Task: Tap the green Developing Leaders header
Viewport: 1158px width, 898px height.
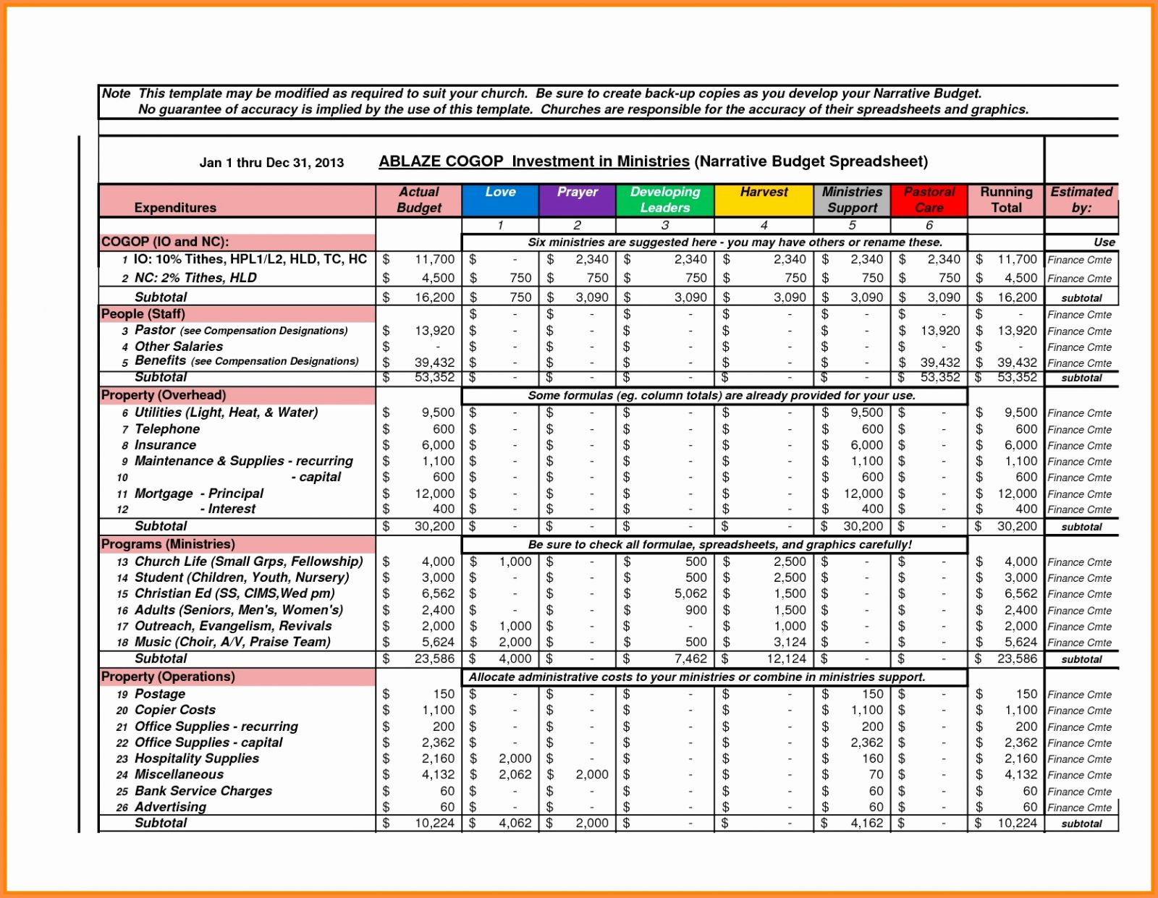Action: tap(664, 200)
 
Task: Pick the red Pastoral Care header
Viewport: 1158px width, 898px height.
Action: tap(929, 200)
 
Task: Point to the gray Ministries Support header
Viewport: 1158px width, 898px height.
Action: tap(852, 200)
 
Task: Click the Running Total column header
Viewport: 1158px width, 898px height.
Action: tap(1006, 200)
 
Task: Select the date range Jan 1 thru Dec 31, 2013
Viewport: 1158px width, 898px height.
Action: tap(271, 163)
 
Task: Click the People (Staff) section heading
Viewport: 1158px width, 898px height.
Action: tap(143, 314)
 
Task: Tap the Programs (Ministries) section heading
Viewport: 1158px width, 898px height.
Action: tap(168, 544)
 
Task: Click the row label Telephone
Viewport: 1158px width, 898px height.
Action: tap(166, 429)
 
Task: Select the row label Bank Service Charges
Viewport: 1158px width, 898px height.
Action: tap(203, 791)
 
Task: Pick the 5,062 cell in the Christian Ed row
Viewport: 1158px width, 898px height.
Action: tap(690, 593)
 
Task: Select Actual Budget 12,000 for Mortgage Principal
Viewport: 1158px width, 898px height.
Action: tap(434, 494)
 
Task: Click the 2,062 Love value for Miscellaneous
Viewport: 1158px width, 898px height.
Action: tap(515, 774)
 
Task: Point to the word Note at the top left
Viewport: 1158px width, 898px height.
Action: tap(116, 93)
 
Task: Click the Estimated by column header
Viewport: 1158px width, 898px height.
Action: tap(1081, 200)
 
